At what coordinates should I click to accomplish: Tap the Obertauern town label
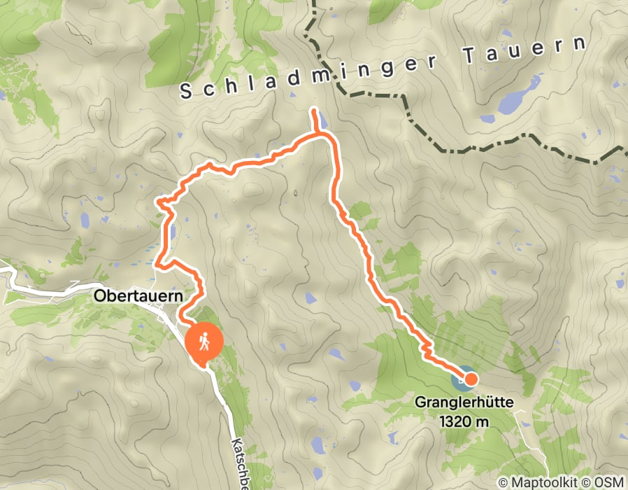pos(137,296)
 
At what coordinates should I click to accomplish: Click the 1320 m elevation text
pos(464,421)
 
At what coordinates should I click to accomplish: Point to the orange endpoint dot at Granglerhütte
pos(471,379)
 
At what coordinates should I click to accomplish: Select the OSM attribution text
pos(608,483)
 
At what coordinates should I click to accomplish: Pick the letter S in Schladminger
pos(186,91)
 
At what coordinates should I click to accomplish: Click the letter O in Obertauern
pos(98,296)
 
